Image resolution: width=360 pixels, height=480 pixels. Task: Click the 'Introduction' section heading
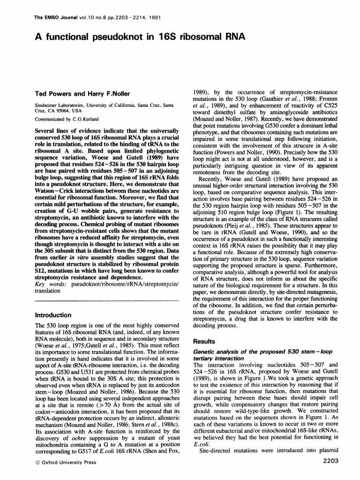[x=53, y=315]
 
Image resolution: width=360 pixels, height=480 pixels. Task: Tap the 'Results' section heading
[x=206, y=341]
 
